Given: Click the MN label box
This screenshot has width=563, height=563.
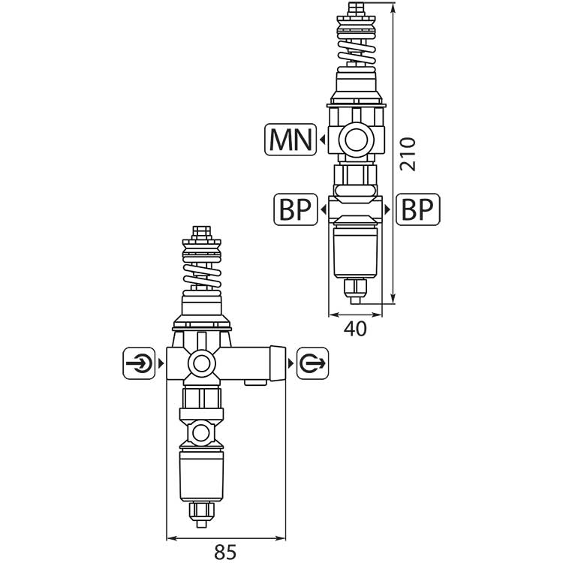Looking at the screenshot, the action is pyautogui.click(x=291, y=140).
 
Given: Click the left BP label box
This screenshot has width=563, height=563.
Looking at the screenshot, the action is pyautogui.click(x=296, y=209).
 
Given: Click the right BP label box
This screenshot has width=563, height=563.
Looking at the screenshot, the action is pyautogui.click(x=417, y=209).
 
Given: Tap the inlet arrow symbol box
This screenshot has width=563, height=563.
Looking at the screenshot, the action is pyautogui.click(x=139, y=363).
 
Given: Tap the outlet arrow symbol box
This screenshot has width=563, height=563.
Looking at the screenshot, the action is pyautogui.click(x=312, y=363).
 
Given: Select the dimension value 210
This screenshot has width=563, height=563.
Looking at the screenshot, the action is pyautogui.click(x=408, y=154).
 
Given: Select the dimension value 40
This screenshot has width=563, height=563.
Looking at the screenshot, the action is pyautogui.click(x=355, y=329).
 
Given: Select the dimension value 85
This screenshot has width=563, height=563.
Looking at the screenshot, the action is pyautogui.click(x=225, y=552).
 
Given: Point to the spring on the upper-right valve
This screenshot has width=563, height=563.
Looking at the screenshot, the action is pyautogui.click(x=356, y=50).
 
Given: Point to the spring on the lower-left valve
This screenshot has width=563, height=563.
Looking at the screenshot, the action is pyautogui.click(x=202, y=275).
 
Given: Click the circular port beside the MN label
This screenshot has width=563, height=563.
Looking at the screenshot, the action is pyautogui.click(x=356, y=140).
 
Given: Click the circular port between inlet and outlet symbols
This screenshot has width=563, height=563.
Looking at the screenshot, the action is pyautogui.click(x=201, y=364).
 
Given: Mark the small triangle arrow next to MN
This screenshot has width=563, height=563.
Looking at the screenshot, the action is pyautogui.click(x=323, y=140).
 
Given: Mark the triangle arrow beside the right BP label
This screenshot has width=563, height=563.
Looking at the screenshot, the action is pyautogui.click(x=387, y=209).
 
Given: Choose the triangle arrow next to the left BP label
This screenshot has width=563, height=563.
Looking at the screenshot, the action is pyautogui.click(x=323, y=209).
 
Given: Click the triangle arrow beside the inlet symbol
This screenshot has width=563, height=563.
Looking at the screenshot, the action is pyautogui.click(x=161, y=363).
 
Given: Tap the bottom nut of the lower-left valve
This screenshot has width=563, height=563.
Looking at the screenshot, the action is pyautogui.click(x=202, y=512).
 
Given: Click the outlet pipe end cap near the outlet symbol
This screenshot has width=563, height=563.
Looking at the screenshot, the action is pyautogui.click(x=278, y=363).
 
